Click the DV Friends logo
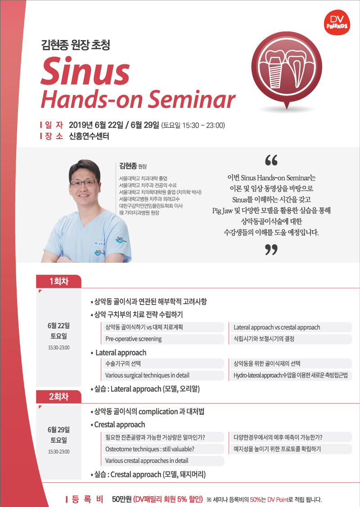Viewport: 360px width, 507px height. tap(337, 22)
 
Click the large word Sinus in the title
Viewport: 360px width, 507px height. tap(85, 71)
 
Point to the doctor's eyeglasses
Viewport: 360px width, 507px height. tap(83, 183)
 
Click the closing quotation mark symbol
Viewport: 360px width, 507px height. tap(271, 249)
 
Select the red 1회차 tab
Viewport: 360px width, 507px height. tap(58, 281)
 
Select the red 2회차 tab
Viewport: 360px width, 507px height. tap(58, 396)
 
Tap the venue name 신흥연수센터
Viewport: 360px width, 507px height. tap(89, 136)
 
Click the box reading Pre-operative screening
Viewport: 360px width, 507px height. tap(163, 339)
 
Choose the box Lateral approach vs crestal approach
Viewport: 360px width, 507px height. tap(291, 327)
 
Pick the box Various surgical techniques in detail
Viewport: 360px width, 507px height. tap(163, 375)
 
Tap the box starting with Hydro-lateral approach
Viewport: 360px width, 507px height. tap(291, 375)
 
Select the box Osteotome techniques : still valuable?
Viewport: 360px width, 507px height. tap(163, 449)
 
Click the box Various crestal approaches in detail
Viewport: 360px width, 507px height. tap(163, 461)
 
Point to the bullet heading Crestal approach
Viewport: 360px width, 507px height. tap(118, 425)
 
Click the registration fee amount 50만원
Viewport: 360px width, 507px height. tap(121, 499)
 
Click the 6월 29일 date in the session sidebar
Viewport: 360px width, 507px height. tap(58, 430)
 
